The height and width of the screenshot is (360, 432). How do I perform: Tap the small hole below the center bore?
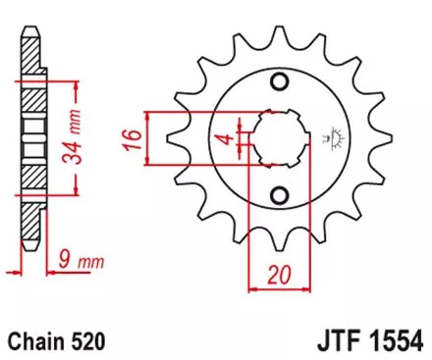(x=279, y=188)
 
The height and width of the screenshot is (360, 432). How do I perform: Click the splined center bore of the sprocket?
(x=278, y=138)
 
